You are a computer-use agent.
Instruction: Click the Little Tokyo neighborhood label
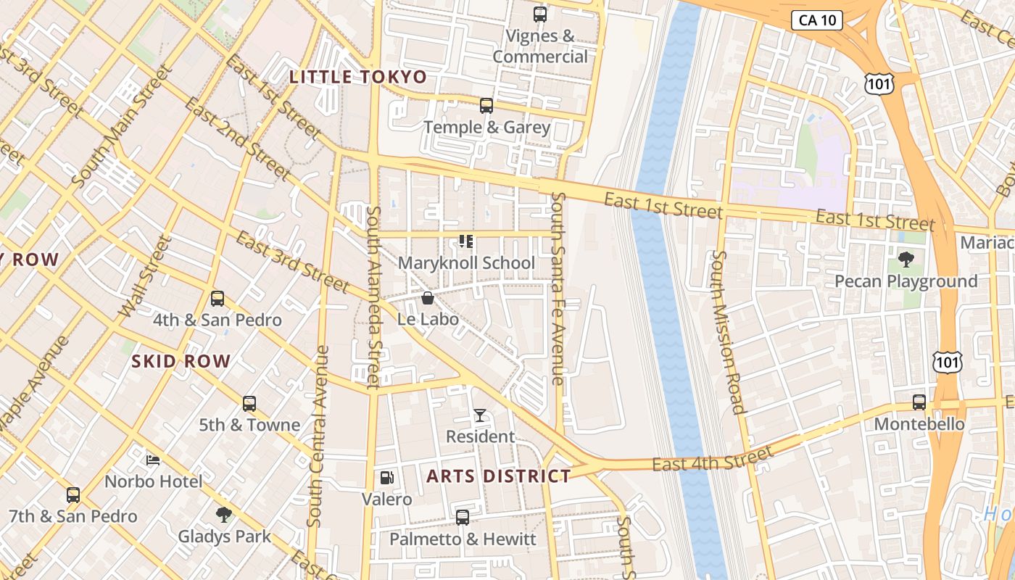(358, 77)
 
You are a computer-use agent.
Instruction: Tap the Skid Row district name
(181, 361)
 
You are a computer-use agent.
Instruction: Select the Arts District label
(499, 476)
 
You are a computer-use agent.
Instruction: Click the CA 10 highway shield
(816, 20)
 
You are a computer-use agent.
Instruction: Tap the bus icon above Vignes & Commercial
(539, 14)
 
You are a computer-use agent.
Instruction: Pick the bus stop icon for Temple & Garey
(486, 106)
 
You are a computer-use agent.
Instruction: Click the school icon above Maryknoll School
(466, 241)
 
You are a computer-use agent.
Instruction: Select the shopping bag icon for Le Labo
(428, 298)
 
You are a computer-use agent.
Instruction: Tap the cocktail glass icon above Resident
(480, 415)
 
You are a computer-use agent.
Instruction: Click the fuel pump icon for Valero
(388, 478)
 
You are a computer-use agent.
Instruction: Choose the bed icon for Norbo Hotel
(153, 460)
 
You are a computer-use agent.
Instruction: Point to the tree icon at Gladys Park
(224, 515)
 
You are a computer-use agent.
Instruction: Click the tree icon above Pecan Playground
(906, 260)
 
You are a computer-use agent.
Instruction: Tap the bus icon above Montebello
(919, 402)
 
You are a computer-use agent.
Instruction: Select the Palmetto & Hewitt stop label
(463, 539)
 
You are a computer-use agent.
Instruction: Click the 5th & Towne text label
(249, 425)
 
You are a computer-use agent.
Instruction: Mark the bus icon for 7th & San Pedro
(73, 495)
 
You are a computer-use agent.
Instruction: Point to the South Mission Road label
(726, 332)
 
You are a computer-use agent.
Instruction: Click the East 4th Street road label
(712, 459)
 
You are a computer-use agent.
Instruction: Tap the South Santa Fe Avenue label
(558, 288)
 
